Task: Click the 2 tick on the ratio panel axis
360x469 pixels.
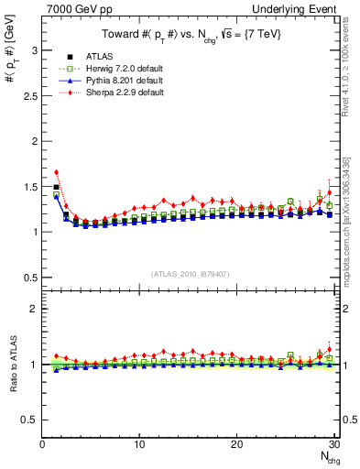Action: [x=35, y=309]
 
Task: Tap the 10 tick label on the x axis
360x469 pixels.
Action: [x=139, y=445]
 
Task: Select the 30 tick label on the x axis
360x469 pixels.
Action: [x=333, y=445]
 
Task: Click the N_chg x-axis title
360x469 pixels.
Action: [x=326, y=457]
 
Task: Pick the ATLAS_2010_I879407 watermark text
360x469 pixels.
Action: [x=191, y=274]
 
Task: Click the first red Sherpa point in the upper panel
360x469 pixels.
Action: [x=56, y=172]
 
